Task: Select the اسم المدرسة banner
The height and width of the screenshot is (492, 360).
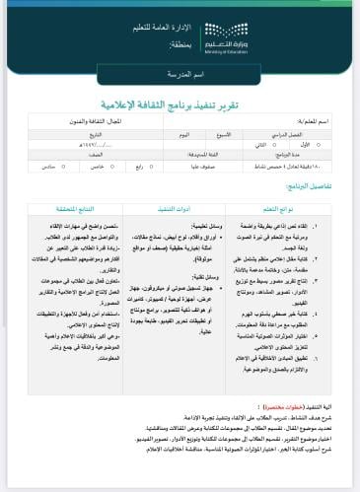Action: click(x=179, y=75)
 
